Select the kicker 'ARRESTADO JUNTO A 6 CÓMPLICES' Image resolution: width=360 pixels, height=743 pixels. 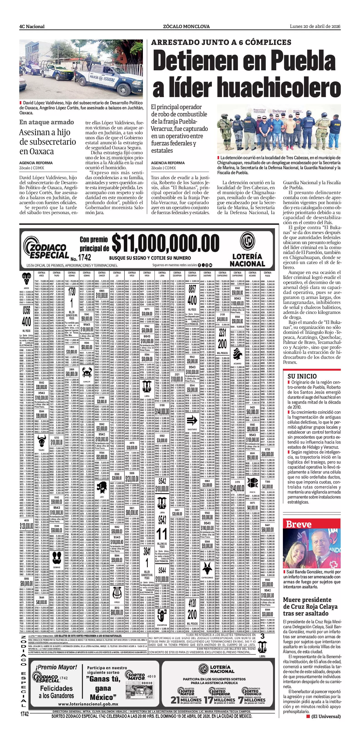point(221,42)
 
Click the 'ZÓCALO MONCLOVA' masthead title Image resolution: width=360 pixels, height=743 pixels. point(186,27)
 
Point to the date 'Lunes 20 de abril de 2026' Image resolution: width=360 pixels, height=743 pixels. point(315,27)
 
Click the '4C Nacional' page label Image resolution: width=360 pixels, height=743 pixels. point(32,27)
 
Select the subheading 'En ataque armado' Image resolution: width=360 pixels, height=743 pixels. point(47,122)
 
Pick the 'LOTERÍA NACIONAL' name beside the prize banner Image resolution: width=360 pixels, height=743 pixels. point(247,260)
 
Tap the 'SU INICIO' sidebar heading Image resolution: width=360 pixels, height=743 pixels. point(302,376)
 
